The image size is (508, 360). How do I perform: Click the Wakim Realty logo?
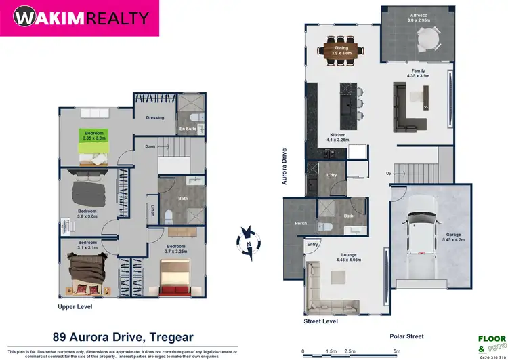[x=79, y=18]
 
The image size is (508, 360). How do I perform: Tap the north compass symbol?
[x=249, y=241]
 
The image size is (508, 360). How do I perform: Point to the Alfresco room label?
[x=418, y=18]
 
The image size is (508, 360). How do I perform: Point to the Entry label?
[x=312, y=245]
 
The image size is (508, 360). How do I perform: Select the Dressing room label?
[x=155, y=117]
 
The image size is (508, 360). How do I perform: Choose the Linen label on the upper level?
[x=152, y=212]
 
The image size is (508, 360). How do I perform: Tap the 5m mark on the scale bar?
[x=397, y=351]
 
